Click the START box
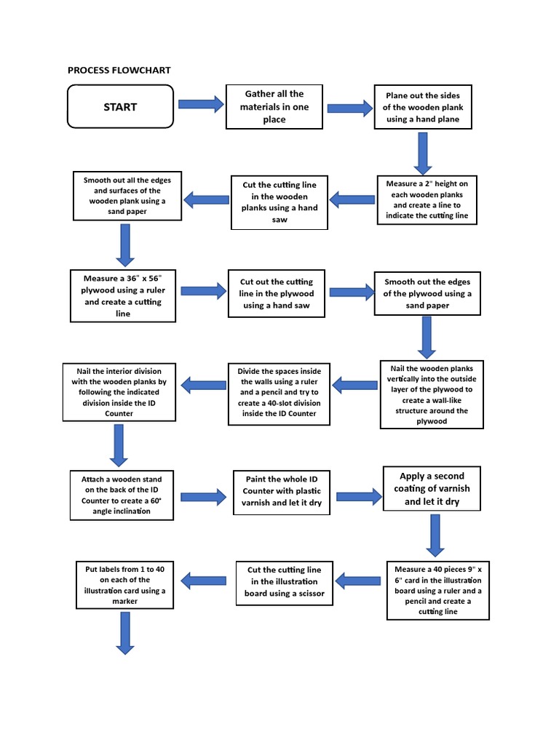point(120,107)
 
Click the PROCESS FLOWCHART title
point(119,71)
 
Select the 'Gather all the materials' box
point(274,107)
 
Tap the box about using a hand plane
point(423,107)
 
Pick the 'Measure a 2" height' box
point(427,199)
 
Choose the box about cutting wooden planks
point(279,202)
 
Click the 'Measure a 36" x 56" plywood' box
point(123,296)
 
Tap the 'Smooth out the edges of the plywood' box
point(427,294)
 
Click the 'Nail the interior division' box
point(119,392)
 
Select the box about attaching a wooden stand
point(122,495)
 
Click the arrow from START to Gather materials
point(201,105)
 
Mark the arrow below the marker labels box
point(124,632)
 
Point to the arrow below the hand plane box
point(423,153)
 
